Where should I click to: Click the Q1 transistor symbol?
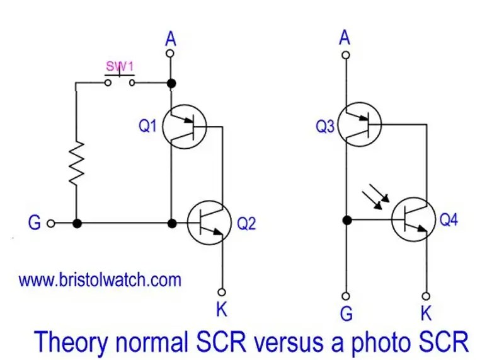click(184, 127)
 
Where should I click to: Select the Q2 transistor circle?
click(209, 222)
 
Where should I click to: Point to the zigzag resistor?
click(76, 163)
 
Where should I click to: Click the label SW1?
click(119, 66)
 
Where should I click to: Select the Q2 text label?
click(246, 223)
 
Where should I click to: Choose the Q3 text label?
click(324, 125)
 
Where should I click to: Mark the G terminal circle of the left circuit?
click(51, 223)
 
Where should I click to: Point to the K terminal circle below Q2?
click(222, 291)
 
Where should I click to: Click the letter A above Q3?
click(345, 38)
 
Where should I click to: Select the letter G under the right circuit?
click(345, 311)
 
